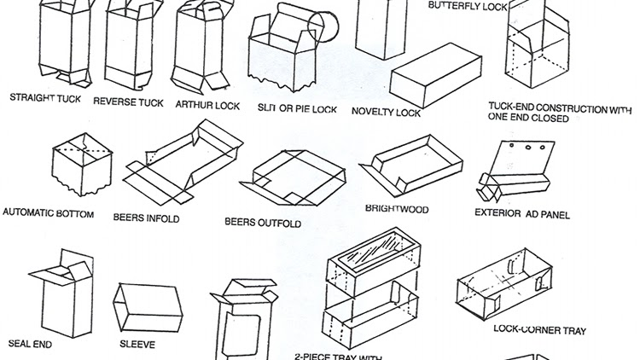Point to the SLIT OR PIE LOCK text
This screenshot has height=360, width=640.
(x=297, y=110)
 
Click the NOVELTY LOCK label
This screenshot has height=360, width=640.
(x=386, y=111)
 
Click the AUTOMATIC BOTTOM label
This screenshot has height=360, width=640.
(x=49, y=212)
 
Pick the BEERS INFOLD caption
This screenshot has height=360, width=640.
(x=146, y=218)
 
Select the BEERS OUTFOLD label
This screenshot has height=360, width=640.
(x=264, y=223)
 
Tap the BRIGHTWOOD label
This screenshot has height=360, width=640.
(x=397, y=209)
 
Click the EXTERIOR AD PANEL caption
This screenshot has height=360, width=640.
(x=521, y=213)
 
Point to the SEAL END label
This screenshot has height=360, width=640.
(x=32, y=343)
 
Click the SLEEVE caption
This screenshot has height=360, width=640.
(x=137, y=345)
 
